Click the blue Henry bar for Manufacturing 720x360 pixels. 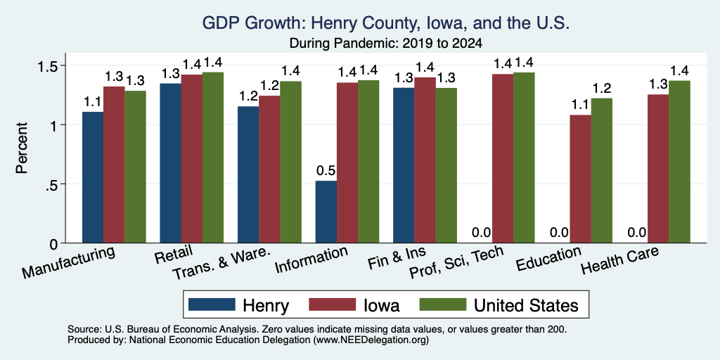point(93,177)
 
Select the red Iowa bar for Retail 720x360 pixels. point(191,158)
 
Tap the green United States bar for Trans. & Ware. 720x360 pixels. point(290,162)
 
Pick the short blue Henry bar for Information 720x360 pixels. point(326,212)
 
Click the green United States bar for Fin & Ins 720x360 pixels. point(446,165)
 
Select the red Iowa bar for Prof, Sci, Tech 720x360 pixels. point(503,158)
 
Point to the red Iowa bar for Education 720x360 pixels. point(580,179)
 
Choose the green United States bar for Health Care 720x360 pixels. point(680,162)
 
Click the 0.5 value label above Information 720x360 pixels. point(326,171)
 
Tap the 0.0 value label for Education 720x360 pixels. point(559,233)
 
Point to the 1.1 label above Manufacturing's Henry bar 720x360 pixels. point(93,101)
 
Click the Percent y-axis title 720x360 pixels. point(22,148)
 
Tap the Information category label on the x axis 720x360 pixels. point(310,259)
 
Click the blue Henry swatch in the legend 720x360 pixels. point(212,304)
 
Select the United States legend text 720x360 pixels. point(526,305)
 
